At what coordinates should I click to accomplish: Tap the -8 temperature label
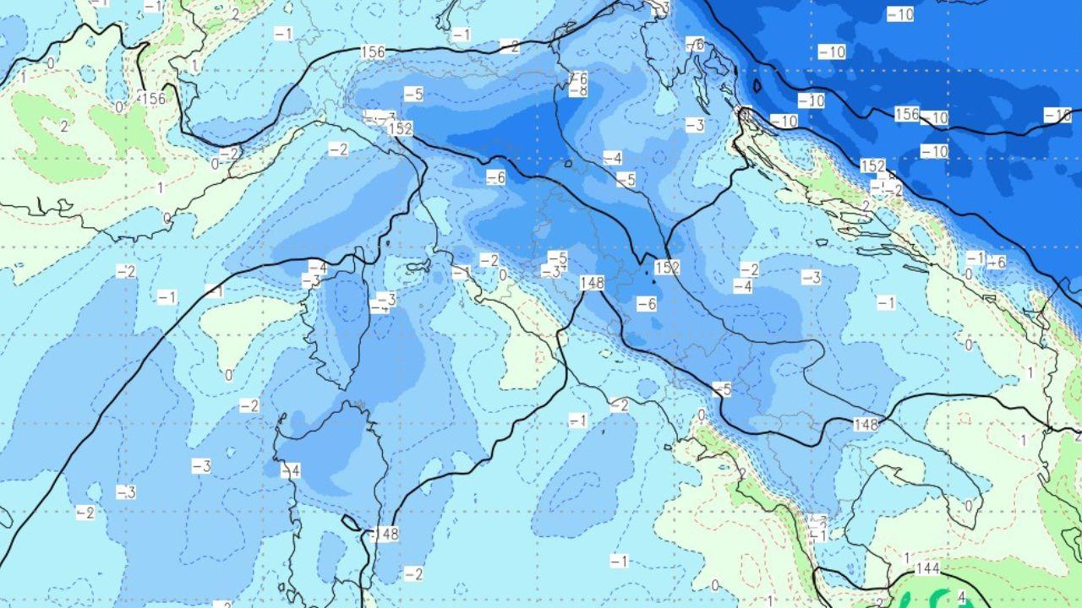click(x=578, y=90)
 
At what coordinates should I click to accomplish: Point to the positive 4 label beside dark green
click(x=961, y=598)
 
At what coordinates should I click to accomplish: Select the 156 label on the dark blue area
click(x=906, y=114)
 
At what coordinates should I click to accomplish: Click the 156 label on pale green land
click(x=154, y=99)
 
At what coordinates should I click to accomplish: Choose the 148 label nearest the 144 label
click(x=866, y=424)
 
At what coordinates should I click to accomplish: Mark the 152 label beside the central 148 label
click(x=667, y=267)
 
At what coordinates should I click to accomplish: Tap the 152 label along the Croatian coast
click(x=872, y=166)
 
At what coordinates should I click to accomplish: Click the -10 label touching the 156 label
click(x=934, y=117)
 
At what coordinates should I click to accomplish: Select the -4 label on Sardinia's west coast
click(x=290, y=470)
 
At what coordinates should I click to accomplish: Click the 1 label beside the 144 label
click(x=905, y=558)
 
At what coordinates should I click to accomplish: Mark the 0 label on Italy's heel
click(x=970, y=505)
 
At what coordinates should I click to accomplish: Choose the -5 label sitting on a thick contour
click(x=723, y=389)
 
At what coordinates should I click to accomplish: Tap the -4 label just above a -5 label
click(x=613, y=158)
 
